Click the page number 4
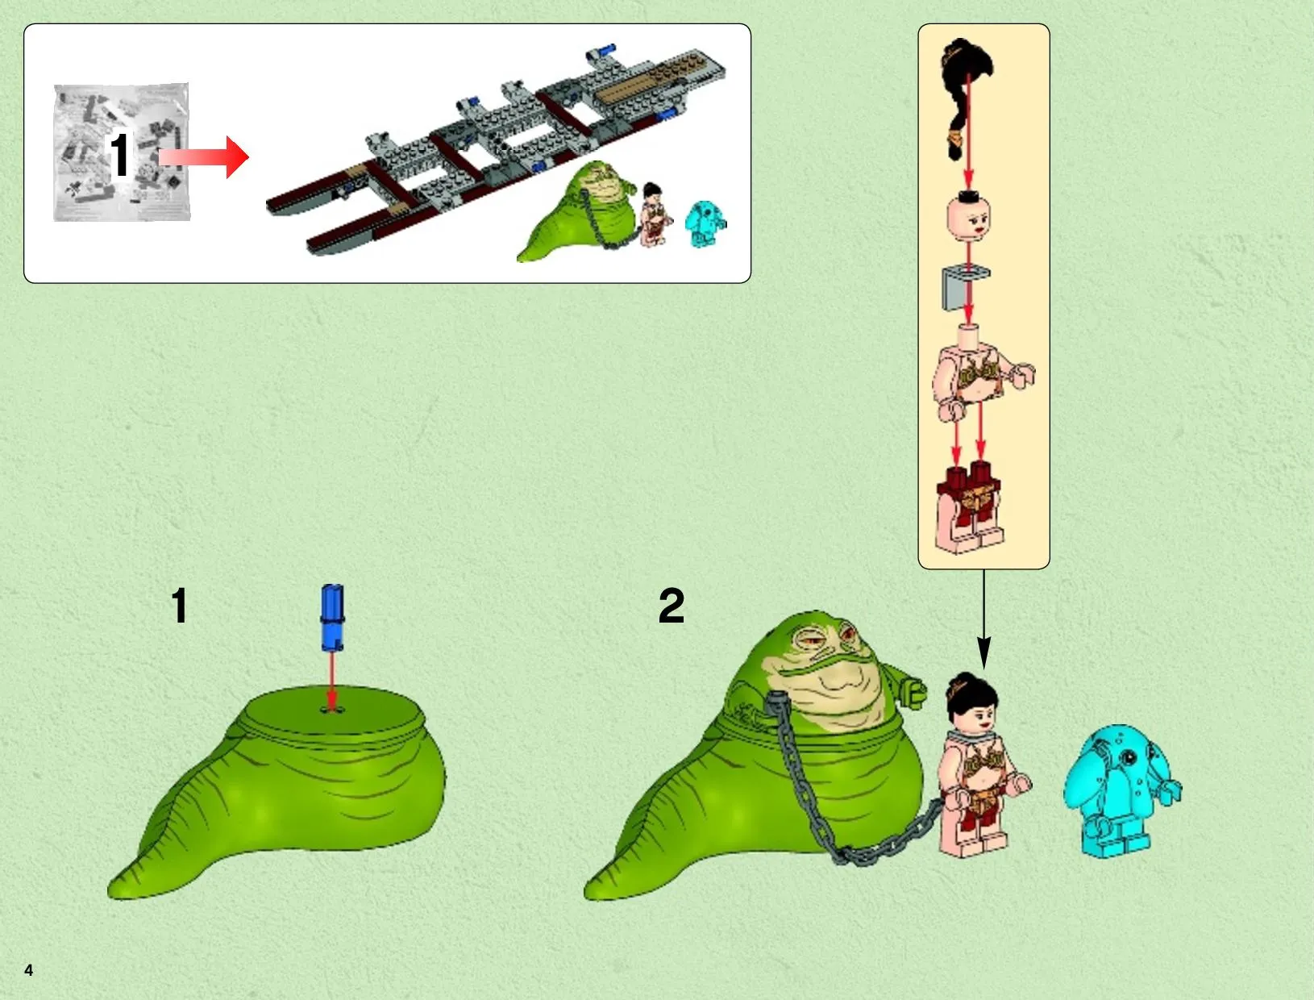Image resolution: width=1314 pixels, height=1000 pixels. (x=28, y=970)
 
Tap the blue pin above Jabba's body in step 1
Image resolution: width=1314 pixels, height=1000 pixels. (x=332, y=618)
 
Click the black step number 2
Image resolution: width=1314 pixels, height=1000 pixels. (x=671, y=606)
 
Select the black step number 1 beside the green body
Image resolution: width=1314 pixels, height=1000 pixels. (x=180, y=606)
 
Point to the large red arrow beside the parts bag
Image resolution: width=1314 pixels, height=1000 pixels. (x=203, y=157)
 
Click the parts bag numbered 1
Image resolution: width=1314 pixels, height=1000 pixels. (x=122, y=152)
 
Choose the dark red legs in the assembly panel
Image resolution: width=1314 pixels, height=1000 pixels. (x=969, y=508)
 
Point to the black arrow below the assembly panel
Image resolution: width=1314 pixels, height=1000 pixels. (x=983, y=619)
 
